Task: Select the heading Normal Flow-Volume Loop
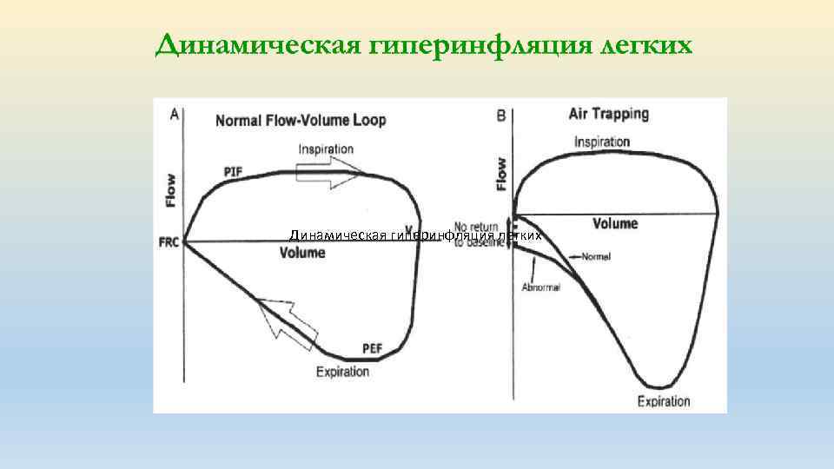[x=301, y=120]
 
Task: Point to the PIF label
[x=233, y=172]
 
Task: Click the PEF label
[x=372, y=349]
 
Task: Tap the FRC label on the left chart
[x=169, y=242]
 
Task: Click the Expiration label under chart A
[x=341, y=372]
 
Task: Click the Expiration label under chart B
[x=664, y=401]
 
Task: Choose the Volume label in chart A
[x=303, y=253]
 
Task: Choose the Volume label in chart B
[x=615, y=224]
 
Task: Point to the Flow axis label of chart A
[x=170, y=191]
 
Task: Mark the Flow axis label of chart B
[x=501, y=174]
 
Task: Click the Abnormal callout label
[x=539, y=287]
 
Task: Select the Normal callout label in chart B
[x=595, y=257]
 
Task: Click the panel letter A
[x=175, y=114]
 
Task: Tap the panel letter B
[x=501, y=115]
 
